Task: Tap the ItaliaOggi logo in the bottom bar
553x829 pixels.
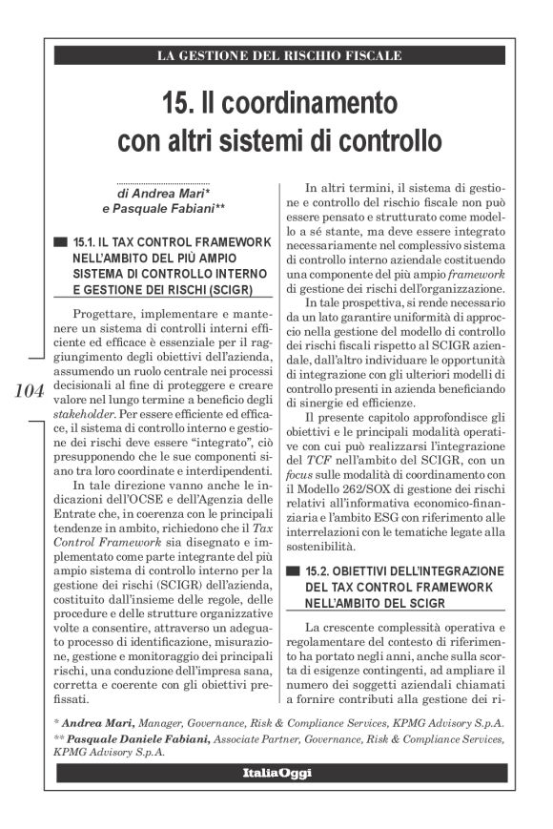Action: coord(276,772)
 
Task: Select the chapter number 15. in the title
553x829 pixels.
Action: coord(180,101)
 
